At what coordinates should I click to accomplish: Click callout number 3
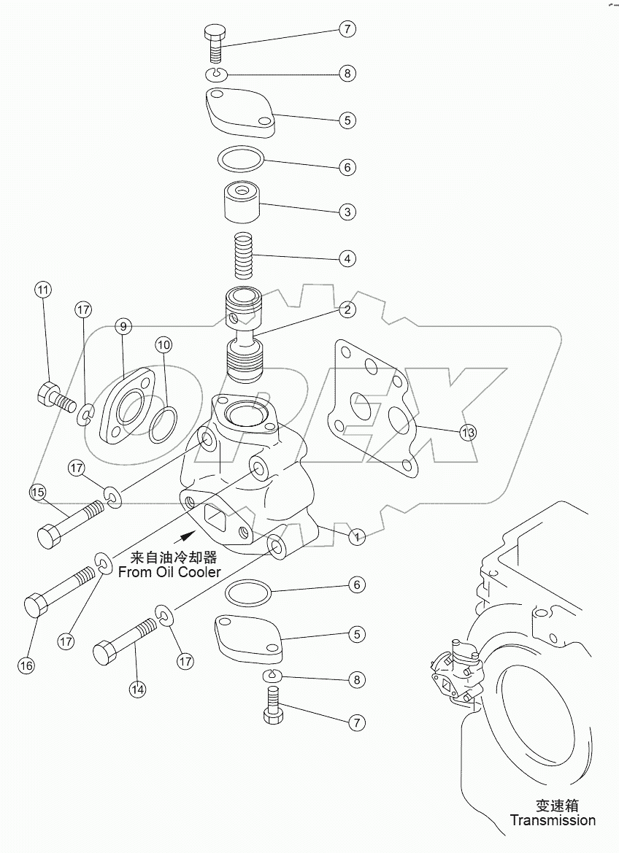point(347,212)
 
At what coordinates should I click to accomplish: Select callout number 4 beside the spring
point(347,258)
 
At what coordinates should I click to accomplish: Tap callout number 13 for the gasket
point(467,433)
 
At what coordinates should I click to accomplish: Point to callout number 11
point(43,290)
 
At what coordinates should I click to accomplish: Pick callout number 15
point(37,493)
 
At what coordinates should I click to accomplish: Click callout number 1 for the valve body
point(356,538)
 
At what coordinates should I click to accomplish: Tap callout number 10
point(163,344)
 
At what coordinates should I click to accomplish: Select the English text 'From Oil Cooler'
point(169,572)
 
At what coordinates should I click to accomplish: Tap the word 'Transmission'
point(553,820)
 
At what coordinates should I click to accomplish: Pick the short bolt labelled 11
point(55,397)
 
